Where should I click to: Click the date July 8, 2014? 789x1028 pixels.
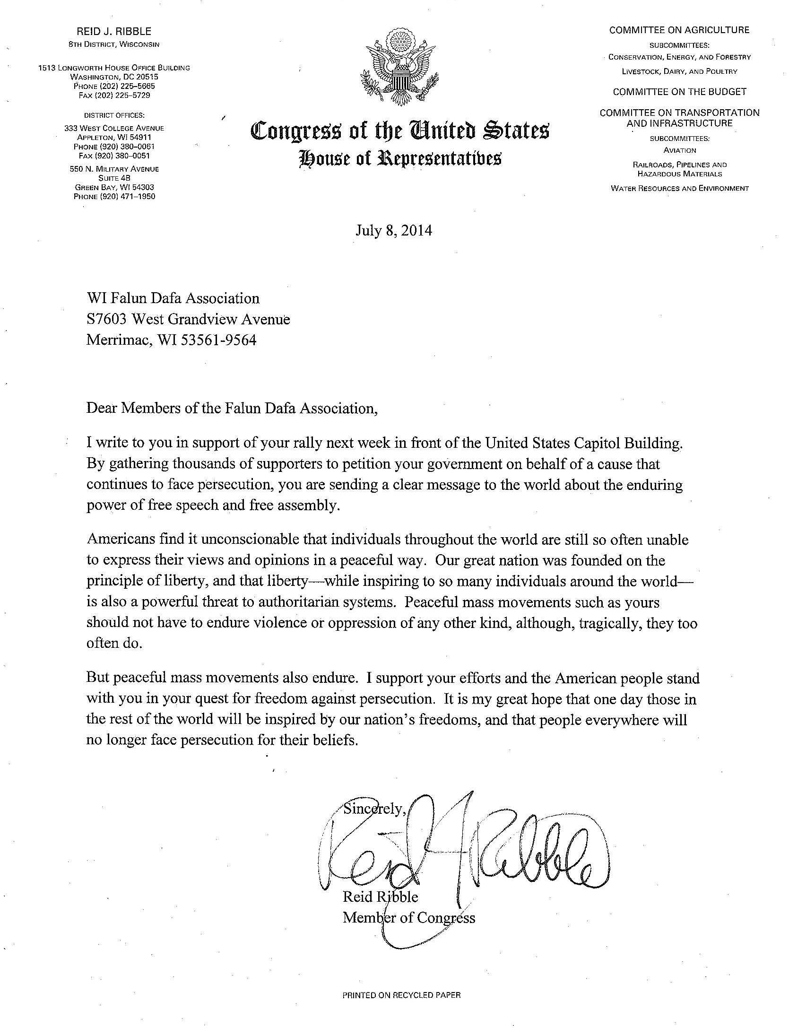point(394,231)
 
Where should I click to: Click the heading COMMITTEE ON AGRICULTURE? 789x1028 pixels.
point(679,30)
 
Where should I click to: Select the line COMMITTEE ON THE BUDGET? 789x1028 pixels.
point(679,92)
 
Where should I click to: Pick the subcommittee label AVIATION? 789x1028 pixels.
point(680,150)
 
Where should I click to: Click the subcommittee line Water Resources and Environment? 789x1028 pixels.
point(680,188)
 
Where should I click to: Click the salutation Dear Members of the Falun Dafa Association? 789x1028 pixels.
point(232,408)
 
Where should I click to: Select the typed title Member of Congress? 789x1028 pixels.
point(408,918)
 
